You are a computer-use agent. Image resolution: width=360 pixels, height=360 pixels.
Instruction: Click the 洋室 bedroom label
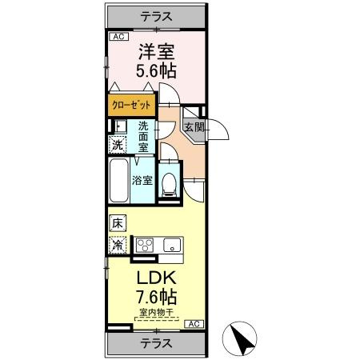pos(154,51)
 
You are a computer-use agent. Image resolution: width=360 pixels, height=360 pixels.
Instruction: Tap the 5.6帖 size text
pos(154,70)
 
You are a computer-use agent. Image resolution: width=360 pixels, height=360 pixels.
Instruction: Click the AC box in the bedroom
pos(117,37)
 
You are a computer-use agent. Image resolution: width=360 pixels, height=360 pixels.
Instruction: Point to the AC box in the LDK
pos(194,323)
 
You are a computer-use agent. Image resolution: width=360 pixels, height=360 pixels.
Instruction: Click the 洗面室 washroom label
pos(143,137)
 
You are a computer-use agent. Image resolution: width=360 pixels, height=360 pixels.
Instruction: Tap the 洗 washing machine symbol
pos(117,145)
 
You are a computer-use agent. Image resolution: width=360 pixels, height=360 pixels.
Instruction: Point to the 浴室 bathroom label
pos(142,180)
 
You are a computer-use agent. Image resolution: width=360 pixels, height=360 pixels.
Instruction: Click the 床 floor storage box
pos(117,222)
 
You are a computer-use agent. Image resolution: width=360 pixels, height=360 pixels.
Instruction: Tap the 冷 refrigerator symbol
pos(117,245)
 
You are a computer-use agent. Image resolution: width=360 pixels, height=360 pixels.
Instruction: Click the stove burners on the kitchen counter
pos(146,246)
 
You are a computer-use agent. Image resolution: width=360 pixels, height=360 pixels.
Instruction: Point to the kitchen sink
pos(172,246)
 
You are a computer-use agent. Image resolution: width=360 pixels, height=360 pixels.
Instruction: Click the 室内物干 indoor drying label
pos(154,313)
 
